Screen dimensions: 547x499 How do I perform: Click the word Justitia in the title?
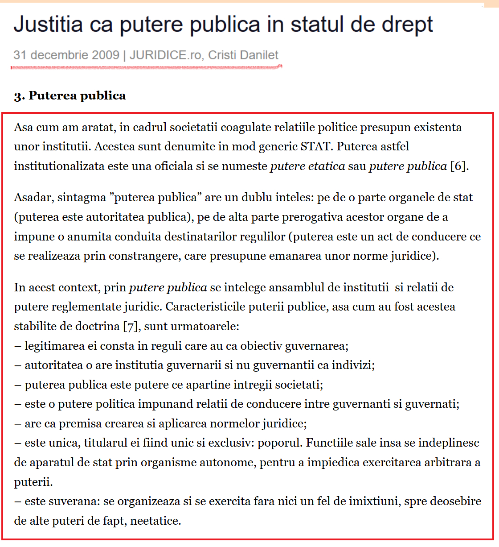point(48,25)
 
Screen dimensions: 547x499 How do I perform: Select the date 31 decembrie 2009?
point(66,55)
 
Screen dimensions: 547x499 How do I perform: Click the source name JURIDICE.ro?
point(165,55)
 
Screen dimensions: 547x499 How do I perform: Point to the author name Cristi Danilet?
point(243,55)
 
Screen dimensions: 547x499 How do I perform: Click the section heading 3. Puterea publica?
point(70,96)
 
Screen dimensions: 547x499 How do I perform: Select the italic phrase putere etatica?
point(307,166)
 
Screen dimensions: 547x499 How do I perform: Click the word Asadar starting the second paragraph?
point(34,197)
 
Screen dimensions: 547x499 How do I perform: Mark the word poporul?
point(280,443)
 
